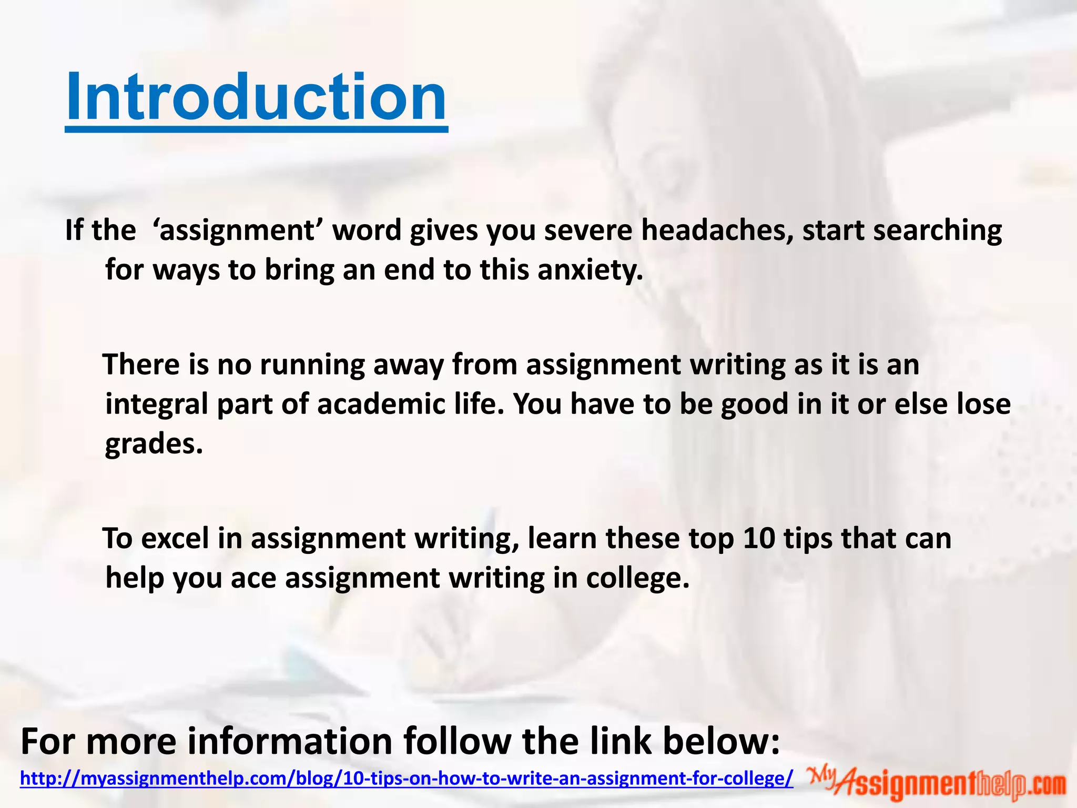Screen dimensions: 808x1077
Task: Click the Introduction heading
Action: click(x=256, y=98)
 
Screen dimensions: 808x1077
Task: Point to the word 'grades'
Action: click(x=153, y=443)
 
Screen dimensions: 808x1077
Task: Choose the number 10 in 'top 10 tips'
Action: click(x=759, y=538)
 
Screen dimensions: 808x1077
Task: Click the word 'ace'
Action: click(x=253, y=578)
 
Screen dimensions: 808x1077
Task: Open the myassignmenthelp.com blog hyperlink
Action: click(x=407, y=778)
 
